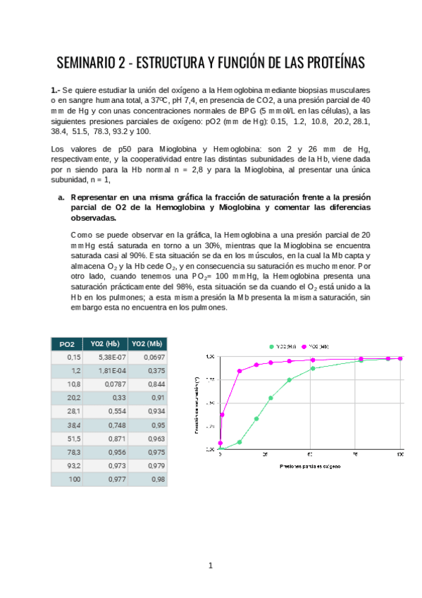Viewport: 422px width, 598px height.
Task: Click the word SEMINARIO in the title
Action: point(87,63)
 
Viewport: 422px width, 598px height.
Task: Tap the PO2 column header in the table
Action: point(67,343)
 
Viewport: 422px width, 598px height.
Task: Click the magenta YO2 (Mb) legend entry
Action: point(316,347)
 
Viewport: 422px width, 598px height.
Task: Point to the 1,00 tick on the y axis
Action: point(209,357)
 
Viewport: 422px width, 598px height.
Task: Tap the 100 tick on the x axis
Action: point(400,456)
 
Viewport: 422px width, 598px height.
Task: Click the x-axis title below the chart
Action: point(309,467)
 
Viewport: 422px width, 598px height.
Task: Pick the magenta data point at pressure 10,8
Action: point(240,371)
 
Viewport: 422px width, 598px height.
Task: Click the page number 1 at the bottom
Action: point(210,566)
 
